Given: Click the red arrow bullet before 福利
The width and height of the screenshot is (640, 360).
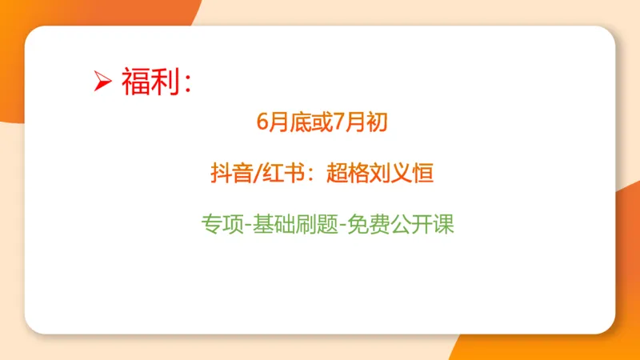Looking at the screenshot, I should [101, 82].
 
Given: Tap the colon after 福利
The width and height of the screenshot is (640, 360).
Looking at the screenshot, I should [187, 84].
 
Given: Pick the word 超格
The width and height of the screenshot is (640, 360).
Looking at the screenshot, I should [346, 174].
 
